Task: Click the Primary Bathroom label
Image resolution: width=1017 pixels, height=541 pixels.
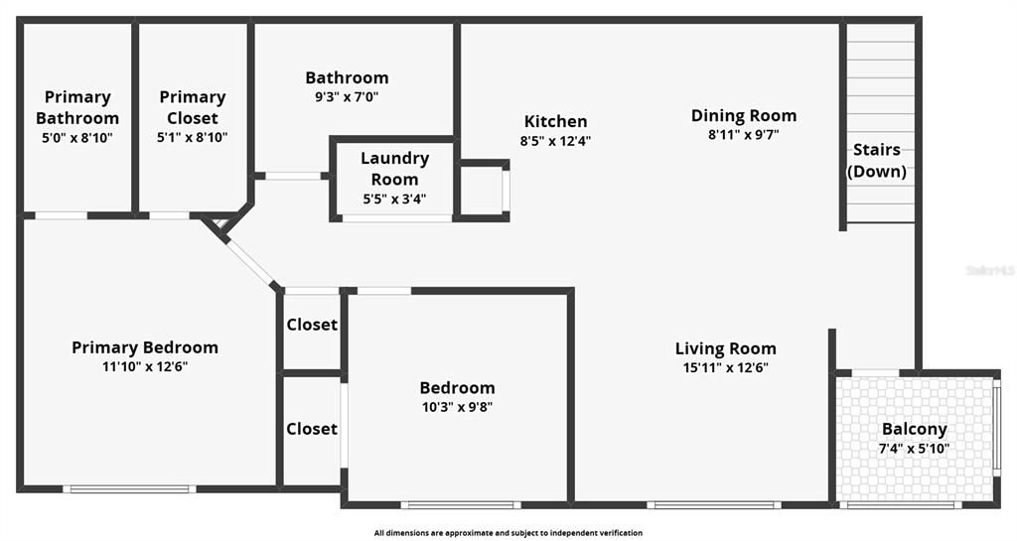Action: pyautogui.click(x=77, y=107)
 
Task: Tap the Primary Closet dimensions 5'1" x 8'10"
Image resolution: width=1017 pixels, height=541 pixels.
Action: pyautogui.click(x=193, y=137)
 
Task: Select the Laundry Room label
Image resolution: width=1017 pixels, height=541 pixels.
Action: pyautogui.click(x=394, y=169)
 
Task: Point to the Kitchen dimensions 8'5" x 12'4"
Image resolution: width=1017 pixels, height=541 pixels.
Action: pyautogui.click(x=555, y=141)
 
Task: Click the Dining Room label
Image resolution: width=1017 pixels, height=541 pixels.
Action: pyautogui.click(x=743, y=116)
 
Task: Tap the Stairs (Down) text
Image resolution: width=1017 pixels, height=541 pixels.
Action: pyautogui.click(x=876, y=161)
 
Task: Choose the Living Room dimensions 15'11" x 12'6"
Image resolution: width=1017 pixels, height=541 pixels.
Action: pyautogui.click(x=725, y=367)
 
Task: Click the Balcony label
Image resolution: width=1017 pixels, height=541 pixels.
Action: pyautogui.click(x=914, y=430)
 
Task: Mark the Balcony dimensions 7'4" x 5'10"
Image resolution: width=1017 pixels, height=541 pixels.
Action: pyautogui.click(x=914, y=449)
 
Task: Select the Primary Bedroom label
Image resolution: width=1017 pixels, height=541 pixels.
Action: pyautogui.click(x=145, y=347)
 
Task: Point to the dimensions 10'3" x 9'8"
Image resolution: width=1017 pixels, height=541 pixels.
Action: pyautogui.click(x=457, y=406)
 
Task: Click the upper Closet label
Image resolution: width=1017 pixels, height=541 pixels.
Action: pyautogui.click(x=312, y=325)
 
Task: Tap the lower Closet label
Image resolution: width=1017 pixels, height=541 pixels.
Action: pyautogui.click(x=312, y=429)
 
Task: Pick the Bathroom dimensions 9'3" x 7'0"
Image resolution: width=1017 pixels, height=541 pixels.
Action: pyautogui.click(x=347, y=97)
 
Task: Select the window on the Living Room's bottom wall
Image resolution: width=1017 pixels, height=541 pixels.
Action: pyautogui.click(x=713, y=504)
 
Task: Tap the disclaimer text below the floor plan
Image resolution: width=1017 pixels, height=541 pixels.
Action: pyautogui.click(x=508, y=533)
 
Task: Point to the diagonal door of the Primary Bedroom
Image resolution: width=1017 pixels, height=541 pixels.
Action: pyautogui.click(x=248, y=261)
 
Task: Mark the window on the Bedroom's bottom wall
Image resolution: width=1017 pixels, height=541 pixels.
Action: pyautogui.click(x=460, y=504)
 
